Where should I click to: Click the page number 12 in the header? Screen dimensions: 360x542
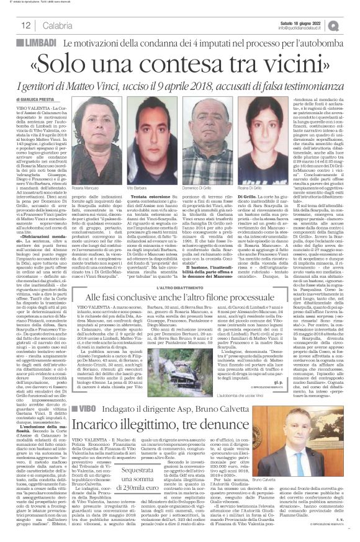coord(27,25)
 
